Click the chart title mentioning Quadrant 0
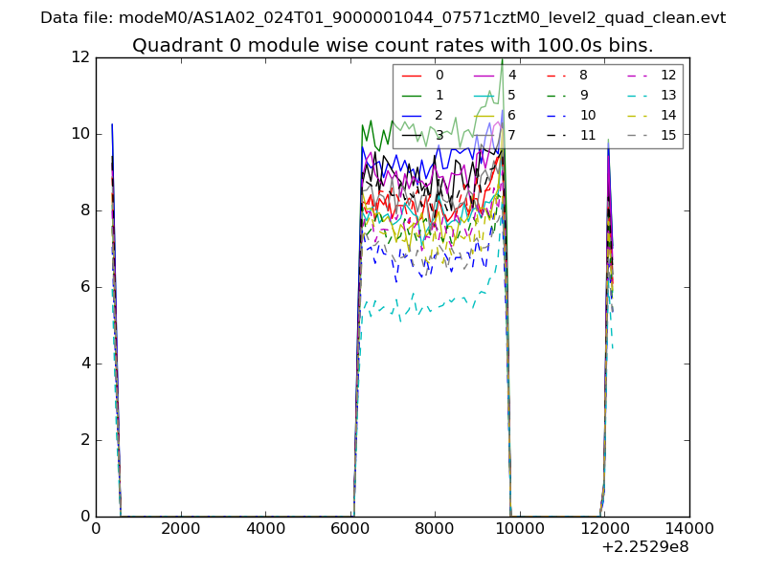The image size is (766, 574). pyautogui.click(x=393, y=46)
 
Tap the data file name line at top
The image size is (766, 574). pyautogui.click(x=383, y=18)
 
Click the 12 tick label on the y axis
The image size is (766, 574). pyautogui.click(x=79, y=57)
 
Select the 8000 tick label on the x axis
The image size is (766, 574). pyautogui.click(x=435, y=527)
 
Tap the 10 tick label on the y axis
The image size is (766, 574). pyautogui.click(x=79, y=134)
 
